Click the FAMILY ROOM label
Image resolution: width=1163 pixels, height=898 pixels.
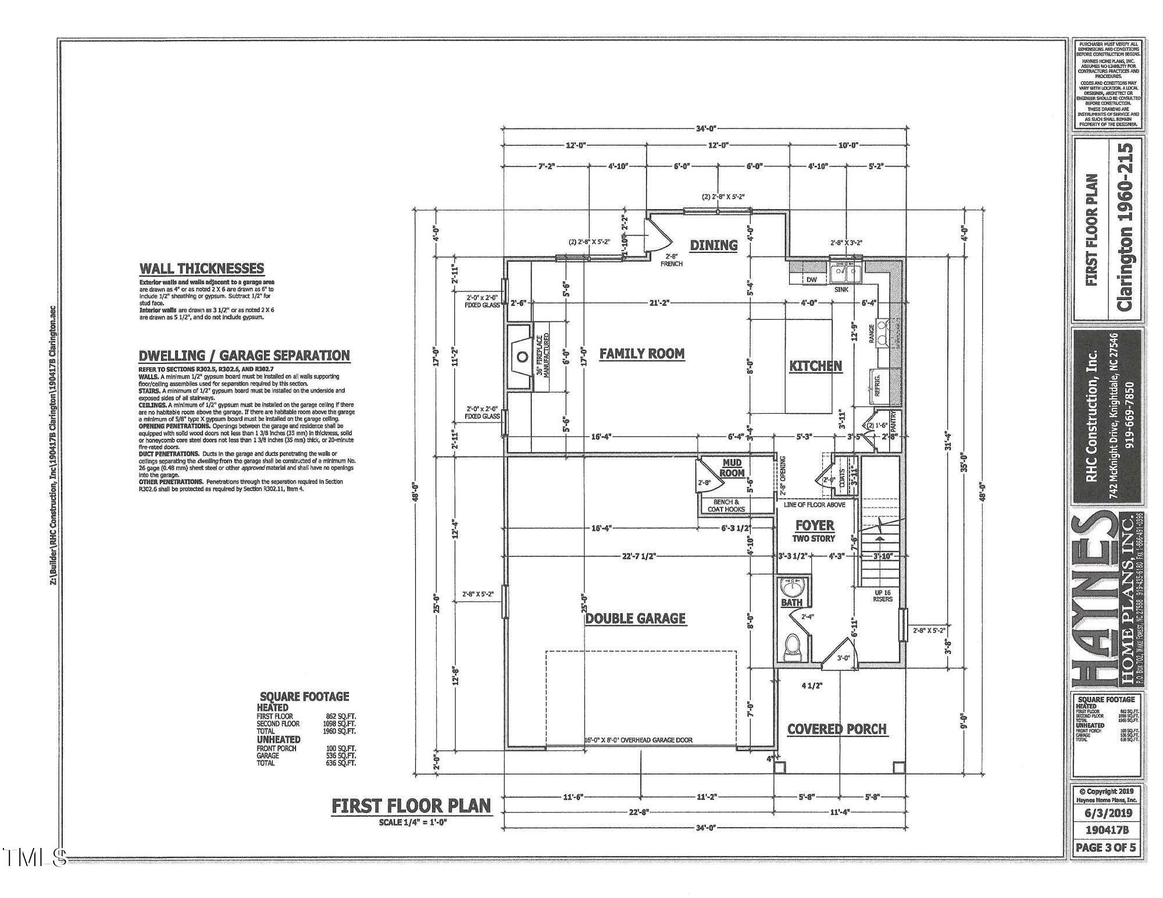(641, 353)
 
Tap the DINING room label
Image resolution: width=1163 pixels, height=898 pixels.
(714, 245)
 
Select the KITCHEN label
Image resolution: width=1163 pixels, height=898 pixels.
(815, 366)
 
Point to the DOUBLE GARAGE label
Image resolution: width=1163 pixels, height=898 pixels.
(635, 618)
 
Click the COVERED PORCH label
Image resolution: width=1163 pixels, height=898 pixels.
(837, 729)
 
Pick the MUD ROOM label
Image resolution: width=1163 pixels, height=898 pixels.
(732, 468)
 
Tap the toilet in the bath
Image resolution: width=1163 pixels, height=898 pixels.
(793, 647)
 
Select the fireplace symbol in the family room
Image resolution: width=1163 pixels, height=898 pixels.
(520, 356)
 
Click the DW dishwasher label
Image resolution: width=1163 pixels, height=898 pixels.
(812, 280)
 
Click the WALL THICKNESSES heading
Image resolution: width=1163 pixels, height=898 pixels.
(201, 269)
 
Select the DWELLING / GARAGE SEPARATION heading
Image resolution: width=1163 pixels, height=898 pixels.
(244, 355)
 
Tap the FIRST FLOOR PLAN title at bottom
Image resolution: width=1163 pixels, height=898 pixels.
(411, 806)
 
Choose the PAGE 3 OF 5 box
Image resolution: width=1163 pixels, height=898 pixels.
(1105, 847)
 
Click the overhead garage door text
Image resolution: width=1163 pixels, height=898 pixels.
(638, 740)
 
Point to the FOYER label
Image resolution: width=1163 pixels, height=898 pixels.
(815, 525)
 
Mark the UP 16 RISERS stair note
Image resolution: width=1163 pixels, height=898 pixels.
(882, 596)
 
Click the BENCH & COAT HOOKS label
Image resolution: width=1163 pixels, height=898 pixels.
(726, 505)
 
